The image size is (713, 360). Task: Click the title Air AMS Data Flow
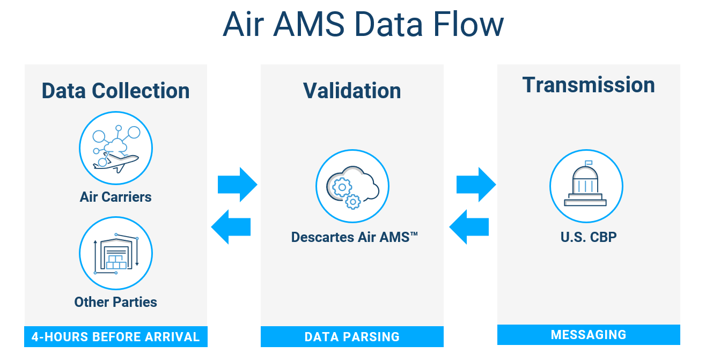coord(363,25)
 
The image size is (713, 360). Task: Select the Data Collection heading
coord(115,91)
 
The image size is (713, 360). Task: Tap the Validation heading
coord(352,91)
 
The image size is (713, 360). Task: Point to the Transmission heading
coord(589,85)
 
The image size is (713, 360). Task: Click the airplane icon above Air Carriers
coord(116,148)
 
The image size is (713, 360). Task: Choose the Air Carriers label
coord(115,197)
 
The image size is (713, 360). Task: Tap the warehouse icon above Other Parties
coord(116,253)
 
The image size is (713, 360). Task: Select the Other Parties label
coord(115,302)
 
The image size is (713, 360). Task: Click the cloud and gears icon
coord(352,187)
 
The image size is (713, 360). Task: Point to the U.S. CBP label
coord(589,237)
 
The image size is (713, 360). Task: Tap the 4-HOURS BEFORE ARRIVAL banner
coord(115,337)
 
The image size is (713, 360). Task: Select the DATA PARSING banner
coord(352,337)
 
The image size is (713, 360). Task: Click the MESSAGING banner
coord(589,335)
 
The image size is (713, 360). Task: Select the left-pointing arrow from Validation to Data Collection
coord(231,226)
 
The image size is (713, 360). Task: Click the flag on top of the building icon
coord(589,163)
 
